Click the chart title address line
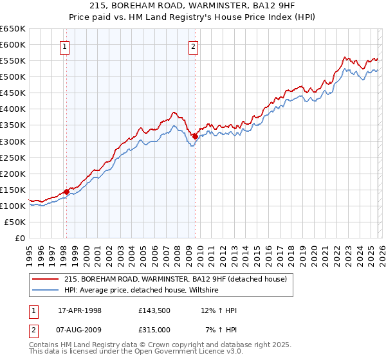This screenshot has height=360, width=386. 193,6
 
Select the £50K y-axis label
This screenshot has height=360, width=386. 15,222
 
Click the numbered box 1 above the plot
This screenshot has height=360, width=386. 66,46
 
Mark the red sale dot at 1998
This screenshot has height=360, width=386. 66,192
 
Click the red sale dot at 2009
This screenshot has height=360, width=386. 195,136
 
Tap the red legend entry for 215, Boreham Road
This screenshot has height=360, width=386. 179,279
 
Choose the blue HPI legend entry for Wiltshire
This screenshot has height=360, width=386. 142,291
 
